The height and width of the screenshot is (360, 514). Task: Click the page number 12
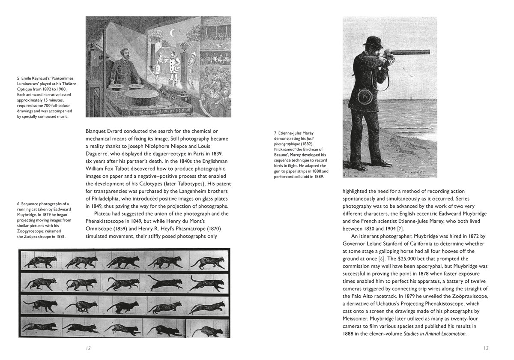88,348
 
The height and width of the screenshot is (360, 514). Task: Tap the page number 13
485,348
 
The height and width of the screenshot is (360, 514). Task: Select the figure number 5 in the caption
18,78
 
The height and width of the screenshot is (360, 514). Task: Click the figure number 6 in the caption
18,204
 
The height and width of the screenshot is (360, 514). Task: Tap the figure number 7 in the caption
275,133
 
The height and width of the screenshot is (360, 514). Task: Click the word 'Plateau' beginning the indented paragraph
104,213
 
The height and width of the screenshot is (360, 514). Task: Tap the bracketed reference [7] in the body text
400,228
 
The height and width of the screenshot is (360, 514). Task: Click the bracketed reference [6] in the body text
382,258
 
